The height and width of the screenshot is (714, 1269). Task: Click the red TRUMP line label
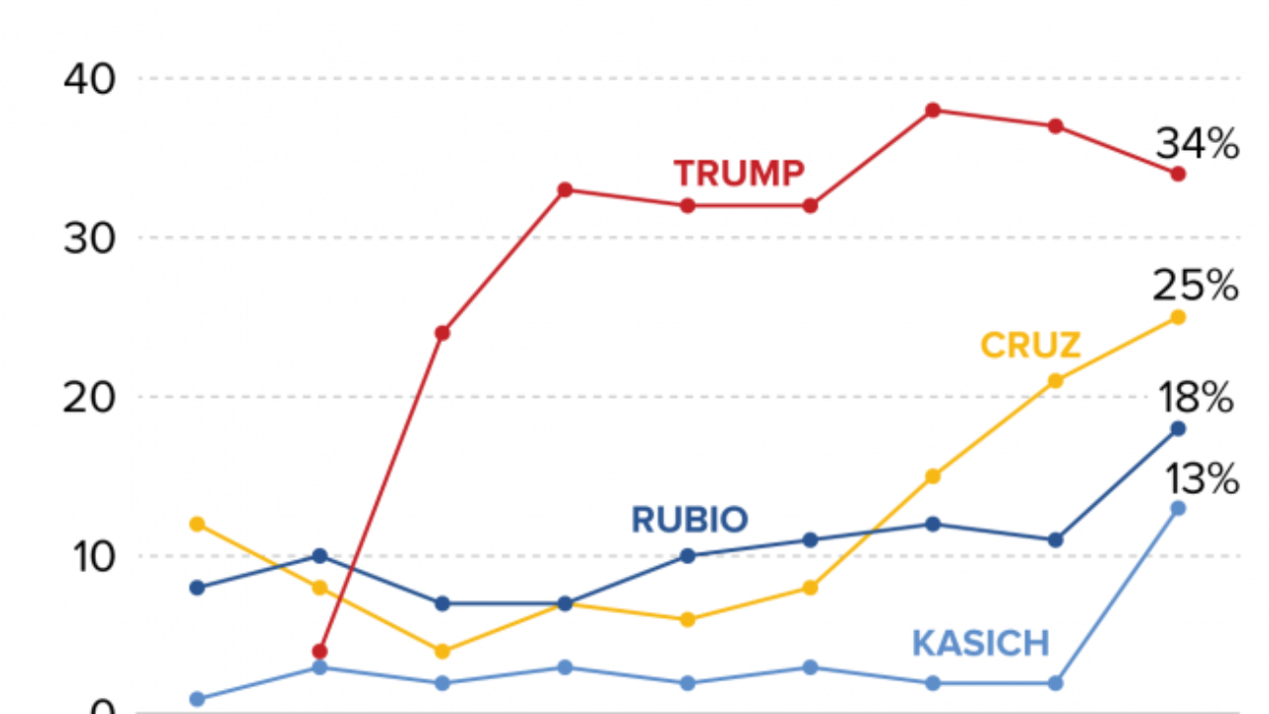pyautogui.click(x=739, y=174)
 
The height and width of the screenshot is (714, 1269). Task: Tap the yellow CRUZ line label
pyautogui.click(x=1030, y=346)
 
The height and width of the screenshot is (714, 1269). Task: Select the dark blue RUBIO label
pyautogui.click(x=689, y=519)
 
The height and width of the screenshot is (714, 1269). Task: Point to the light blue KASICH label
pyautogui.click(x=981, y=644)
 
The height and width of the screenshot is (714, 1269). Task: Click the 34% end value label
pyautogui.click(x=1198, y=145)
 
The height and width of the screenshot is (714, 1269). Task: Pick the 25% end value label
pyautogui.click(x=1196, y=288)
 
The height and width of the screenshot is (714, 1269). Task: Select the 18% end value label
pyautogui.click(x=1195, y=400)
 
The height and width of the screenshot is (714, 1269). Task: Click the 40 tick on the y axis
pyautogui.click(x=88, y=78)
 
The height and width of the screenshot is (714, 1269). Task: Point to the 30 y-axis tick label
pyautogui.click(x=88, y=238)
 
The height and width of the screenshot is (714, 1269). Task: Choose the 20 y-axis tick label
pyautogui.click(x=88, y=397)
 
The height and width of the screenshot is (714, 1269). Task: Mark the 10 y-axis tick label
pyautogui.click(x=88, y=555)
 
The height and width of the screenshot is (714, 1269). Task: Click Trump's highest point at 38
pyautogui.click(x=933, y=110)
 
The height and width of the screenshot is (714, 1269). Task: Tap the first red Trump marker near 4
pyautogui.click(x=319, y=652)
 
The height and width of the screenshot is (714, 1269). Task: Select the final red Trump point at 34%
pyautogui.click(x=1178, y=174)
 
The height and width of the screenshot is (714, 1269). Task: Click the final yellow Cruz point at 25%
pyautogui.click(x=1178, y=317)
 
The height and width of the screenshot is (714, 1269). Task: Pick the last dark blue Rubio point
pyautogui.click(x=1178, y=428)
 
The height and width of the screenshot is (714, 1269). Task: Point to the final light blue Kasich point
pyautogui.click(x=1178, y=508)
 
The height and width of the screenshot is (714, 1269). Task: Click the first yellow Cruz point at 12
pyautogui.click(x=197, y=524)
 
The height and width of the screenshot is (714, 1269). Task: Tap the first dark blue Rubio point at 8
pyautogui.click(x=197, y=587)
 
